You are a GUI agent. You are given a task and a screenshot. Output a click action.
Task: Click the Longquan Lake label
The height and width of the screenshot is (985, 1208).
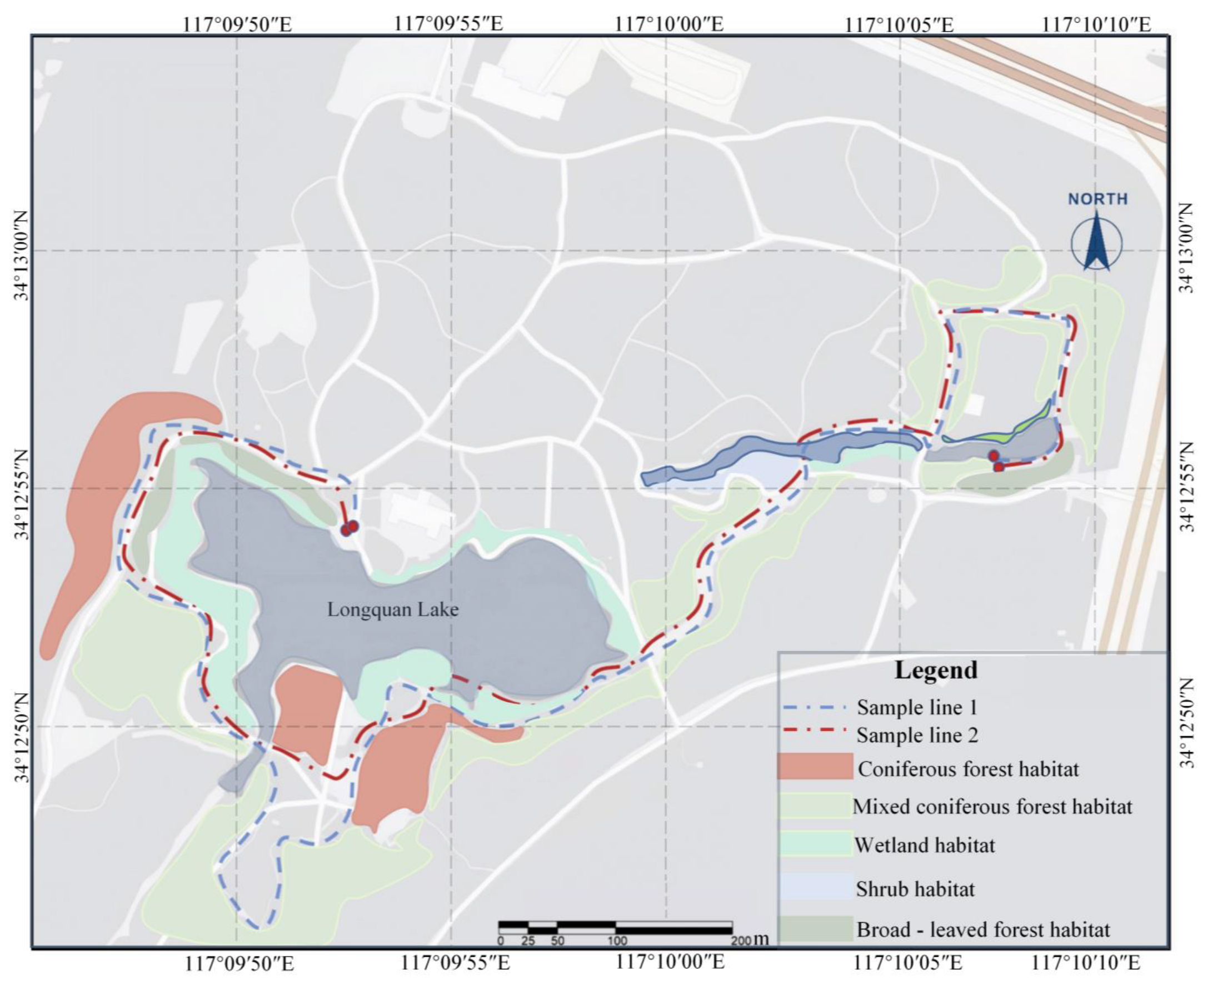pos(393,610)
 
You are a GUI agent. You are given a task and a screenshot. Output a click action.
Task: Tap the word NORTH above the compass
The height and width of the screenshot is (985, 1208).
pos(1098,199)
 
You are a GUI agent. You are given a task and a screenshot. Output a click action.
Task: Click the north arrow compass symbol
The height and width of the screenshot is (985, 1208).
pos(1096,242)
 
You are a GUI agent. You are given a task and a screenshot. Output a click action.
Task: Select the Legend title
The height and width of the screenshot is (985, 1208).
pos(936,670)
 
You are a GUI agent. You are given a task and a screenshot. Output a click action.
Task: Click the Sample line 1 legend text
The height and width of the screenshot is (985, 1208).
pos(917,708)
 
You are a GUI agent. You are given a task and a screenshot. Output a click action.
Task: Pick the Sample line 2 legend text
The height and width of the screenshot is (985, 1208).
pos(917,736)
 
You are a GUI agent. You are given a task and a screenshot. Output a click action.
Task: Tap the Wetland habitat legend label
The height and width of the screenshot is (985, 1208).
pos(925,845)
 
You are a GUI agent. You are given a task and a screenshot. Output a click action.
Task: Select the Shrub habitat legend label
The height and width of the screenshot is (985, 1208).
pos(915,888)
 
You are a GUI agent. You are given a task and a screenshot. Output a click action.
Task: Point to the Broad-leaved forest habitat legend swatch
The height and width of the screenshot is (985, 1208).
pos(815,928)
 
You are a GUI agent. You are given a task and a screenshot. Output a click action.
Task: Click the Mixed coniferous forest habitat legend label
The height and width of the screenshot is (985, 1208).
pos(992,806)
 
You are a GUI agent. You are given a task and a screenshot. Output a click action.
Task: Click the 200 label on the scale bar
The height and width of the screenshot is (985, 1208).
pos(741,941)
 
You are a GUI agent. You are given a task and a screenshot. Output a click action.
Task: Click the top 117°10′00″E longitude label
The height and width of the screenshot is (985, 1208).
pos(670,24)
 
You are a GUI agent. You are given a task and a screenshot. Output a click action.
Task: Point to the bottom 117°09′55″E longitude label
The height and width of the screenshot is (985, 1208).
pos(455,963)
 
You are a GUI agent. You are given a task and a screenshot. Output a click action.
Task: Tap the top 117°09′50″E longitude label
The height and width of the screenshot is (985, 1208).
pos(237,24)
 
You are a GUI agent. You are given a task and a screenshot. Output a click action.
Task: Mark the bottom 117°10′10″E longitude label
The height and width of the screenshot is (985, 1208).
pos(1085,963)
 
